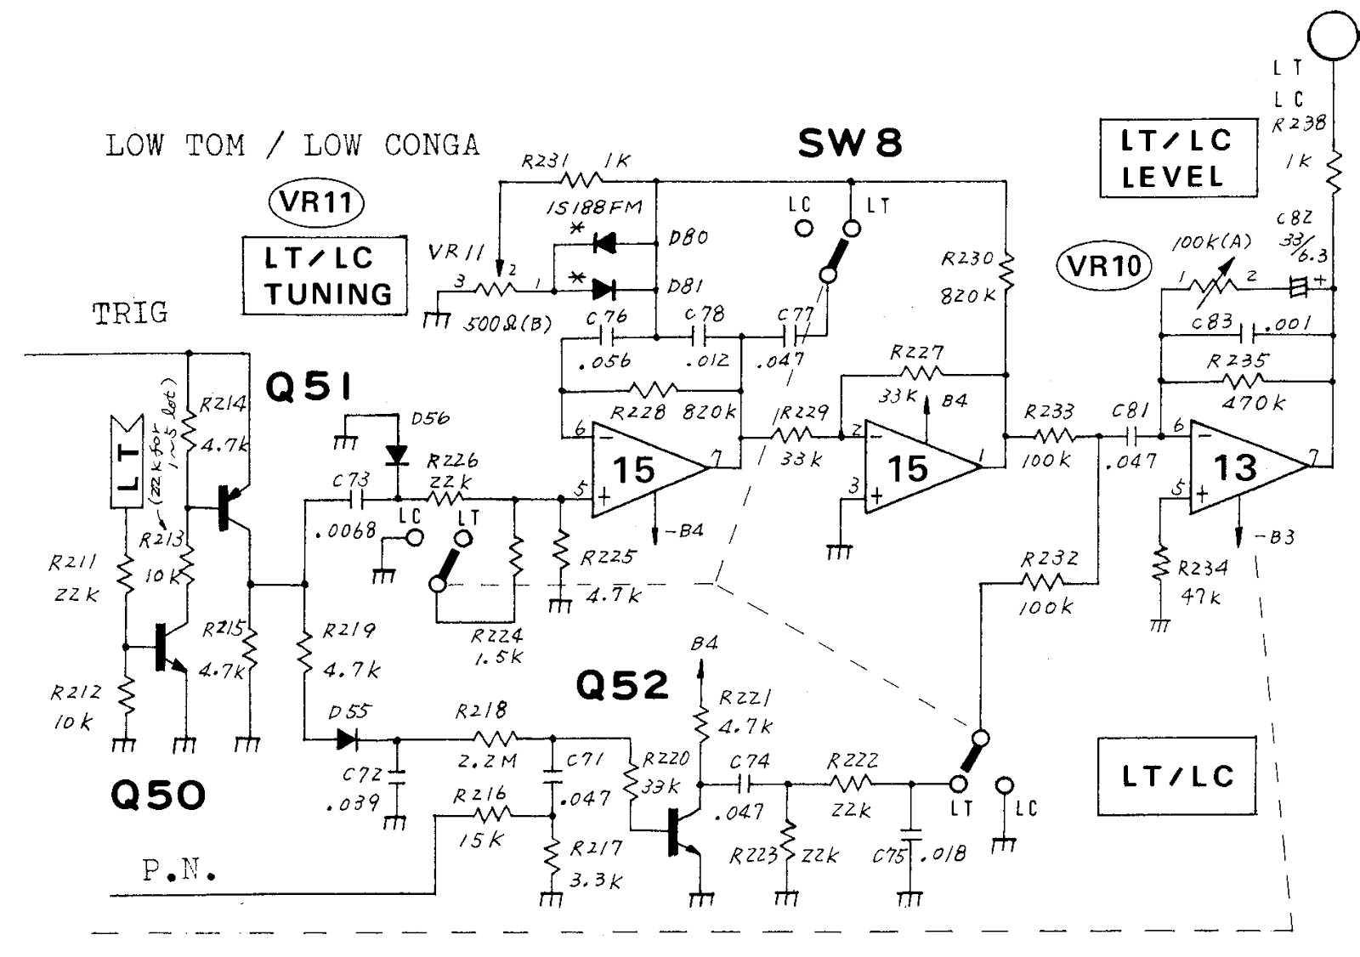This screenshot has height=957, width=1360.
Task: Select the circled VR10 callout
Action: click(x=1103, y=266)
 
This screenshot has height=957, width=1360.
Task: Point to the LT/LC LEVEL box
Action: click(x=1176, y=158)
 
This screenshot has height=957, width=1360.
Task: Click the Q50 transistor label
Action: click(x=159, y=796)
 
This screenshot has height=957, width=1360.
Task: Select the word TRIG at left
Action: click(x=130, y=313)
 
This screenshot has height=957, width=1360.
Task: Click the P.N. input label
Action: click(x=178, y=870)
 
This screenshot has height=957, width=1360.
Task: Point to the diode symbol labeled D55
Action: click(x=346, y=739)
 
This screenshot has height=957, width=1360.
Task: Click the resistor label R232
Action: click(x=1051, y=558)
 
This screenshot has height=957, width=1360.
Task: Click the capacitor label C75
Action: click(x=892, y=856)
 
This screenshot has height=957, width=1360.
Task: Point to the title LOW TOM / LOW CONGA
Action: click(x=292, y=145)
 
